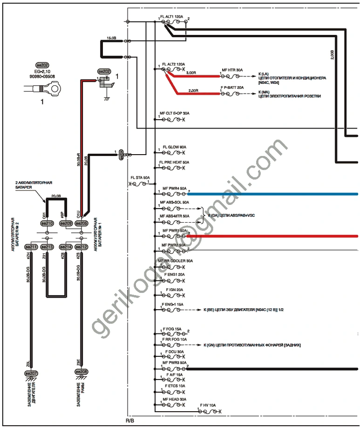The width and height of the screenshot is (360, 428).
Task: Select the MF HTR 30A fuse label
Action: point(232,69)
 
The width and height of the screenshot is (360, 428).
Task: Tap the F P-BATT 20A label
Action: point(232,88)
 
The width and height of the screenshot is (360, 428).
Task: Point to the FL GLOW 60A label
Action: point(173,147)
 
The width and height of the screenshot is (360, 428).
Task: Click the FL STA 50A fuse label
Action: point(140,178)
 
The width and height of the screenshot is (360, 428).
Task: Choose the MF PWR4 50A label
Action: point(175,189)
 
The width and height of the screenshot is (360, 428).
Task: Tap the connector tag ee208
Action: point(81,373)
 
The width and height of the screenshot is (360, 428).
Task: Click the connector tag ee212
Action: point(81,246)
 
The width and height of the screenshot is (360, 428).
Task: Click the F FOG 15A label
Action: point(172,329)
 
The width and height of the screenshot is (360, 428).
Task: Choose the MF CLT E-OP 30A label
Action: point(175,113)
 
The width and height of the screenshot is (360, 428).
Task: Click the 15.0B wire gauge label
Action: point(111,37)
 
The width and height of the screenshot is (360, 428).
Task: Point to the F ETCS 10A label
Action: point(175,386)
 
